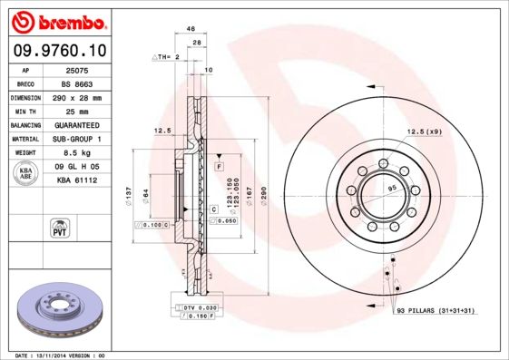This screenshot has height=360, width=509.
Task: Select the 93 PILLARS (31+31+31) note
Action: pos(436,311)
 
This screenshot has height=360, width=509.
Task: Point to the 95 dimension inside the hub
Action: pos(393,188)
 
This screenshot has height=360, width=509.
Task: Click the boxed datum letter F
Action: pos(220,168)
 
